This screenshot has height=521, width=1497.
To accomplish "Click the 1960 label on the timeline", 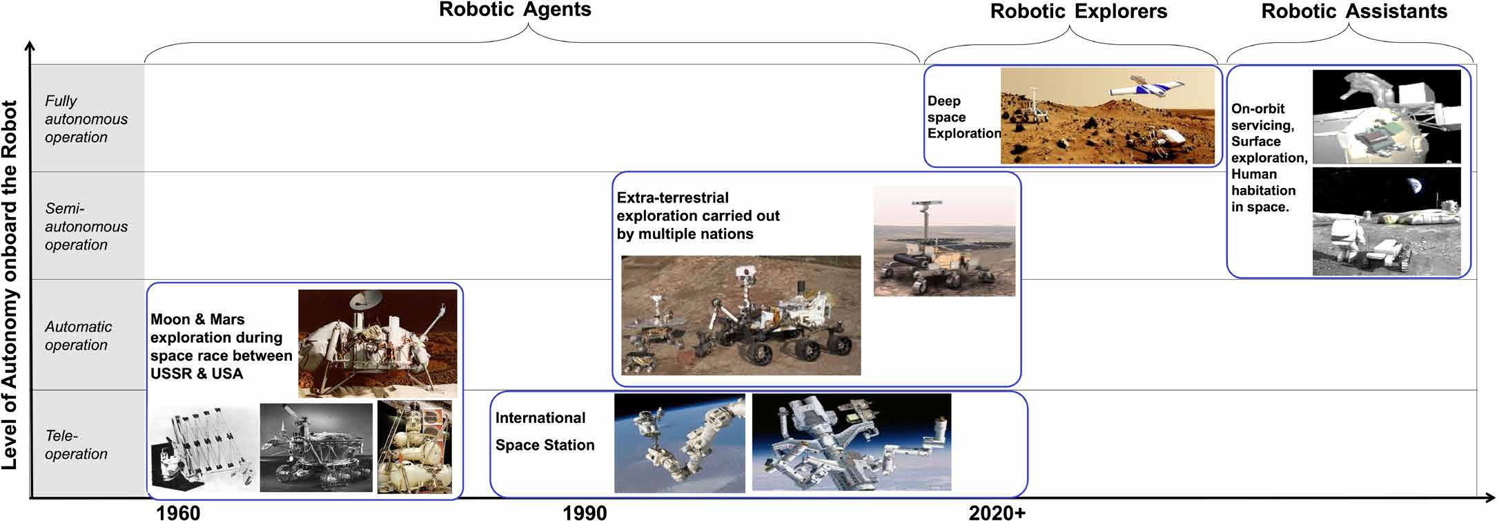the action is (x=178, y=512).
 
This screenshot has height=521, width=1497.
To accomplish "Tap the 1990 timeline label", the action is (x=585, y=512).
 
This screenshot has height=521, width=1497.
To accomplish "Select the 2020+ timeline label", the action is (x=997, y=512).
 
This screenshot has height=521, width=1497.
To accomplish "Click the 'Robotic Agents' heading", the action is (x=515, y=10).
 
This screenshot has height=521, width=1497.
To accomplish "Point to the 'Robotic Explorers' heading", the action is (x=1079, y=11).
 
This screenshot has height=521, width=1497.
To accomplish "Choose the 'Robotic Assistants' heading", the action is (x=1354, y=11).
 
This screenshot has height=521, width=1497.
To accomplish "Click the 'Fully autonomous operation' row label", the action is (x=86, y=119).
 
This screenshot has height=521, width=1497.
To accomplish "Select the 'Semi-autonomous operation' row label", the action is (x=86, y=227).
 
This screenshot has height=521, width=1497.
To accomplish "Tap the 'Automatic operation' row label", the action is (x=78, y=336).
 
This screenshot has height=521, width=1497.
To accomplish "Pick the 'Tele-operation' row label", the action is (x=76, y=445).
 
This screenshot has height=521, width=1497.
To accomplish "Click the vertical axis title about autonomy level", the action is (x=10, y=285).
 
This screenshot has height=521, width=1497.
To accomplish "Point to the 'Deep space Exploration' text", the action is (x=963, y=117).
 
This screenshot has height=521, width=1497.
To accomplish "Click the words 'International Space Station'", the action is (x=545, y=431).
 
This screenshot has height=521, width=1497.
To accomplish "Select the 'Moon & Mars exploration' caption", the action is (x=221, y=346).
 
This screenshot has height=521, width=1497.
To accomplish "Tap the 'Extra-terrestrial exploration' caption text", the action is (x=698, y=216).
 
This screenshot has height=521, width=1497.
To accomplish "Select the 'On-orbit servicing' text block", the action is (x=1269, y=158).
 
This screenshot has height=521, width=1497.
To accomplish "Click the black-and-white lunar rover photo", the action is (x=316, y=448).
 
